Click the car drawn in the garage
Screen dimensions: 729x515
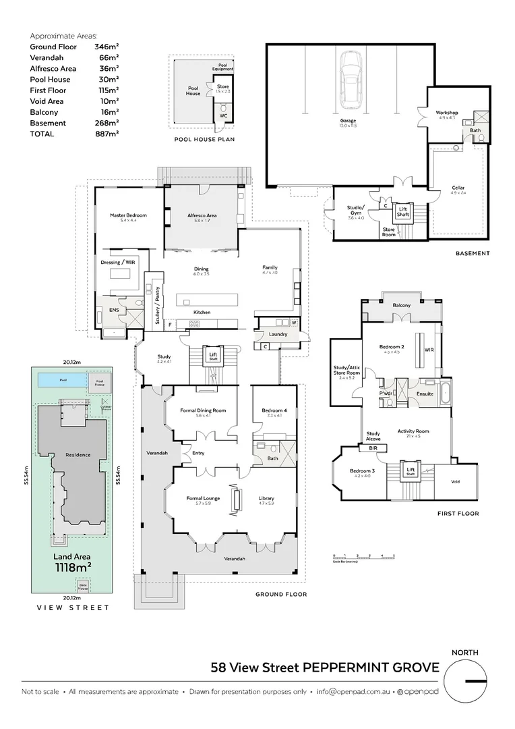point(351,80)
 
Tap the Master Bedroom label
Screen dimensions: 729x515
point(128,216)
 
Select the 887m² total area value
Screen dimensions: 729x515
point(107,134)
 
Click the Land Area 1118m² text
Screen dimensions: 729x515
point(72,562)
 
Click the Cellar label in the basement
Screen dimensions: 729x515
point(458,188)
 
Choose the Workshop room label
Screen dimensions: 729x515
point(446,113)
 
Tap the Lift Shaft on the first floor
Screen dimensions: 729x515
point(409,471)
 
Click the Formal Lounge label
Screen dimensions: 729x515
point(204,499)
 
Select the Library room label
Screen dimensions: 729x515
point(266,499)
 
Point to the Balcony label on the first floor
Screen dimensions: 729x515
point(401,306)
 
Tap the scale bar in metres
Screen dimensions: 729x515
point(363,558)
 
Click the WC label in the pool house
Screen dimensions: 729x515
point(223,115)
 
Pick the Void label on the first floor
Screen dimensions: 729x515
point(455,482)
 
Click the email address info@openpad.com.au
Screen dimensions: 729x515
point(353,692)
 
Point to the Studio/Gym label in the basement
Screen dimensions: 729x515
point(355,209)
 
